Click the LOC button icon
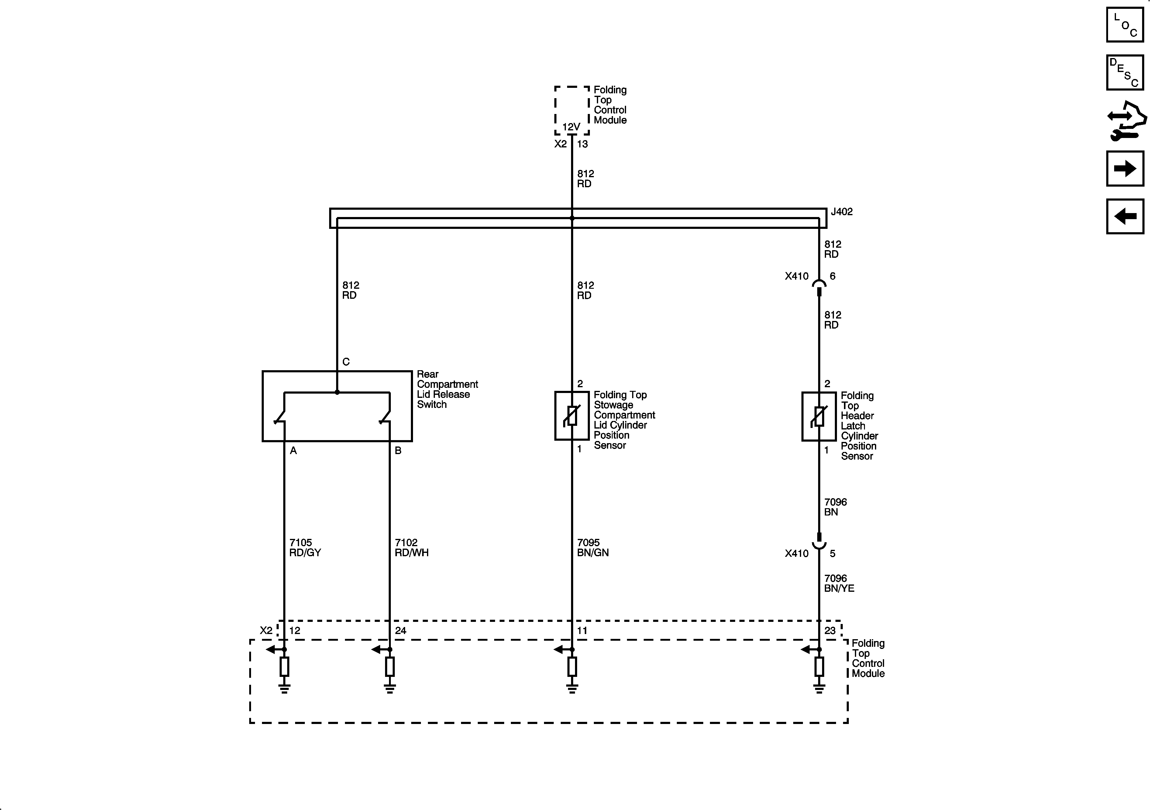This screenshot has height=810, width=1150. tap(1125, 25)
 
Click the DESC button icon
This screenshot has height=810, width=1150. tap(1125, 73)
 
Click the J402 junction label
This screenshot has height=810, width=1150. tap(842, 212)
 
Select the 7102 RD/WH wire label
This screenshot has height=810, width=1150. tap(411, 547)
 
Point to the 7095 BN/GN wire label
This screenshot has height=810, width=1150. tap(593, 547)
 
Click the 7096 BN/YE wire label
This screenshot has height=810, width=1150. tap(839, 583)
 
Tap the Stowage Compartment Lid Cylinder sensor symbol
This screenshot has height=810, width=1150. tap(571, 416)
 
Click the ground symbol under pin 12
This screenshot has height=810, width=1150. tap(284, 688)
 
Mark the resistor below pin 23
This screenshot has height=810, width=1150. tap(819, 667)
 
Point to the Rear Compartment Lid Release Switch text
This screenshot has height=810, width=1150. tap(447, 389)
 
